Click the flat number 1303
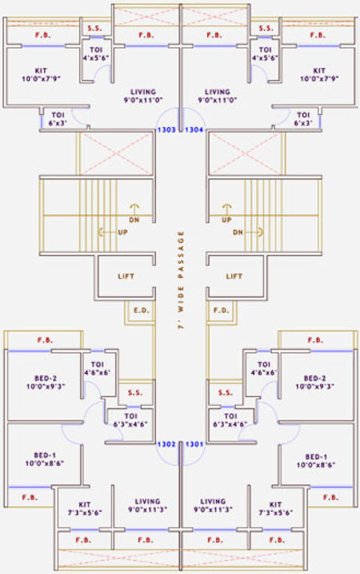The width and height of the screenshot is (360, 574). click(166, 130)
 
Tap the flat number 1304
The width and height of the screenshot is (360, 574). click(194, 130)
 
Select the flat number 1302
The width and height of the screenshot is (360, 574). click(166, 444)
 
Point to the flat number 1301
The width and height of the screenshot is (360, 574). click(194, 444)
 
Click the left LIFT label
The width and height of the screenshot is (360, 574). click(126, 277)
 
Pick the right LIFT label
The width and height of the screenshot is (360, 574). click(234, 277)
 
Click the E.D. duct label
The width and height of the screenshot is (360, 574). click(141, 310)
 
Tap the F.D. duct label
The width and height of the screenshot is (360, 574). click(221, 310)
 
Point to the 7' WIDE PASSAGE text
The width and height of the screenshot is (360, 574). click(181, 280)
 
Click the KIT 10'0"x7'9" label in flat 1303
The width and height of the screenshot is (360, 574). click(41, 74)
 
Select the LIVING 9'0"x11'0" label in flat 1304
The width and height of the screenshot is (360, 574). click(217, 95)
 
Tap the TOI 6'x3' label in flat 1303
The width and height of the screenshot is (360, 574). click(57, 119)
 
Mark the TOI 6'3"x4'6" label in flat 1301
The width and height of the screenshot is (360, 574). click(230, 421)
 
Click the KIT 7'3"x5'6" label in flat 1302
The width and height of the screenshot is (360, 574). click(85, 509)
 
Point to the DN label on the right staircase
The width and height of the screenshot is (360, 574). click(238, 232)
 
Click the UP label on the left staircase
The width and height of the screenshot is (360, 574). click(123, 232)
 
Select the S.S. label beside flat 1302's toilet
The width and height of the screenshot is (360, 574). click(135, 393)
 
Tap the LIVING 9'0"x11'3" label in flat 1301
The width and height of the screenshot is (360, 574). click(213, 505)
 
